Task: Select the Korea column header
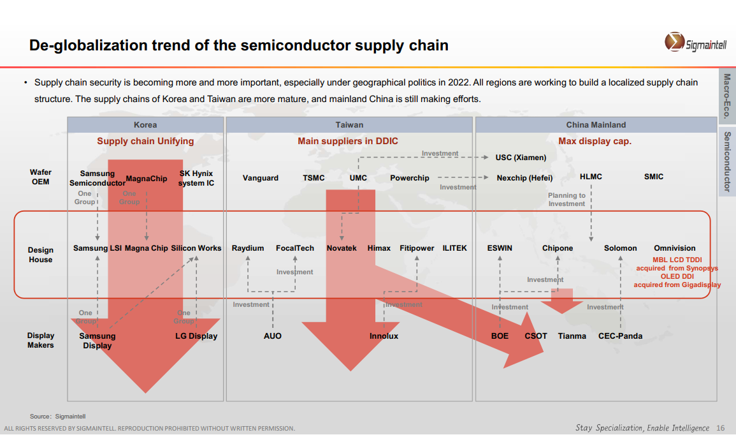145,125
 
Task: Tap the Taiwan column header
349,125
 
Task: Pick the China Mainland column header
596,125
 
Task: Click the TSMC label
314,178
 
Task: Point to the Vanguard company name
261,178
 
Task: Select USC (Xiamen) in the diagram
521,158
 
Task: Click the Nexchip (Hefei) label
524,178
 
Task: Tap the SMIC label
654,177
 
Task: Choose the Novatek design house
342,248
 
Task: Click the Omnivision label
675,248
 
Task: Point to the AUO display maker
273,336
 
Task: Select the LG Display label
196,336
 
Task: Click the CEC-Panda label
620,336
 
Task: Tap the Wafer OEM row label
41,177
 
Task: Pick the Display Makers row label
41,340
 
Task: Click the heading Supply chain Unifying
145,141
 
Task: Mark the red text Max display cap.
595,141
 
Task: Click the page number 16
721,427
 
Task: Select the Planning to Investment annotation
566,200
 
